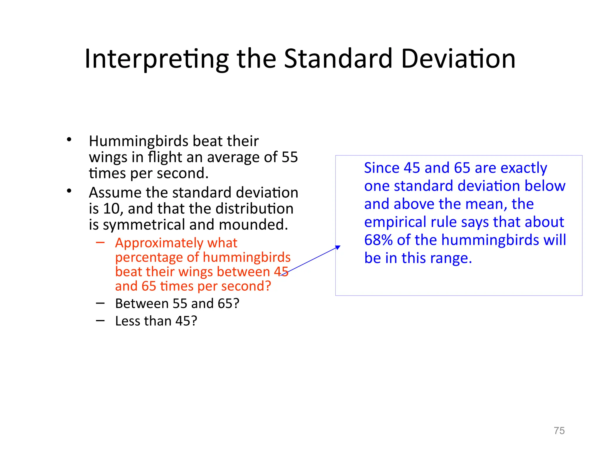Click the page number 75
(559, 431)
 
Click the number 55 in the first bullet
(290, 157)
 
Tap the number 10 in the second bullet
(112, 209)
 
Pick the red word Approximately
(158, 243)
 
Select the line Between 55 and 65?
(177, 304)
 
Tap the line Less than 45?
(156, 321)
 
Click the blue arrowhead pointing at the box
(338, 247)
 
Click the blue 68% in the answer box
(378, 240)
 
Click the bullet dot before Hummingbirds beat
(69, 139)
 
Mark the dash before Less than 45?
(100, 321)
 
